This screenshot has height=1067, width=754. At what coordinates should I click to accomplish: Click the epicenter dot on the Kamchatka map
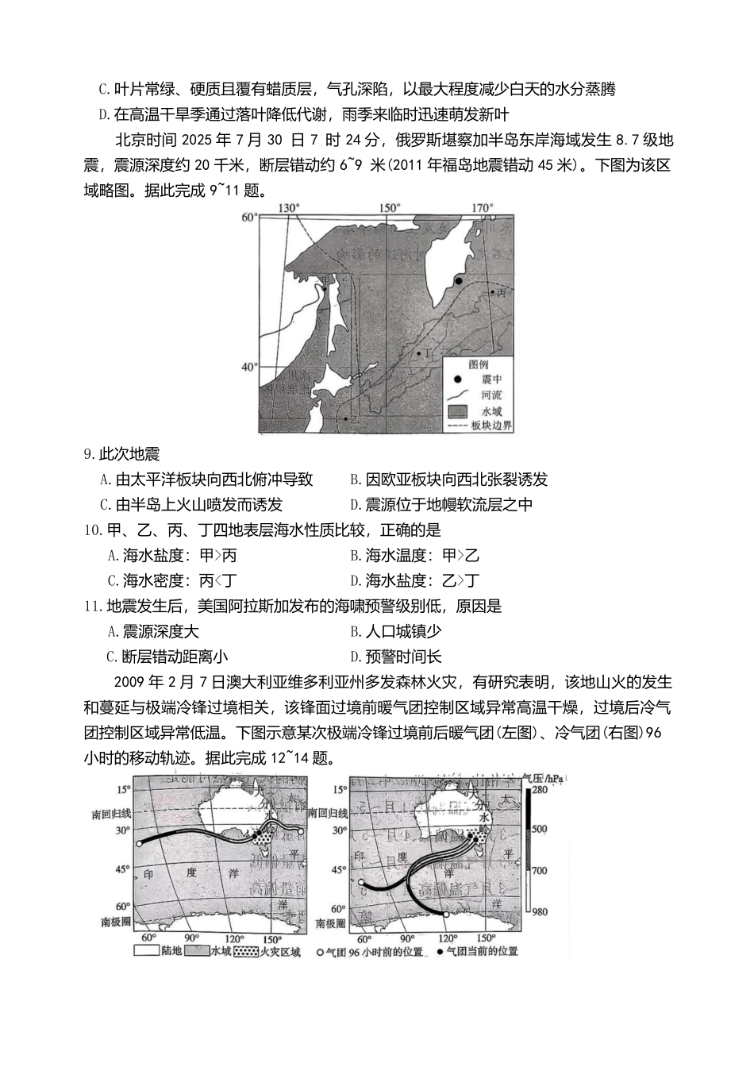(458, 281)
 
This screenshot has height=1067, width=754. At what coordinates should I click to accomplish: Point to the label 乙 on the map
(354, 419)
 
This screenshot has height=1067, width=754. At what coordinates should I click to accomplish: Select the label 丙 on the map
(500, 293)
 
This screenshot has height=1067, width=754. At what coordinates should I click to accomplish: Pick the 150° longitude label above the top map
(389, 208)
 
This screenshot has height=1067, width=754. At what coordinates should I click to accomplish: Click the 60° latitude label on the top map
(249, 217)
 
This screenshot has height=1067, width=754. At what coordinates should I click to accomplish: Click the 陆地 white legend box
(146, 950)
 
